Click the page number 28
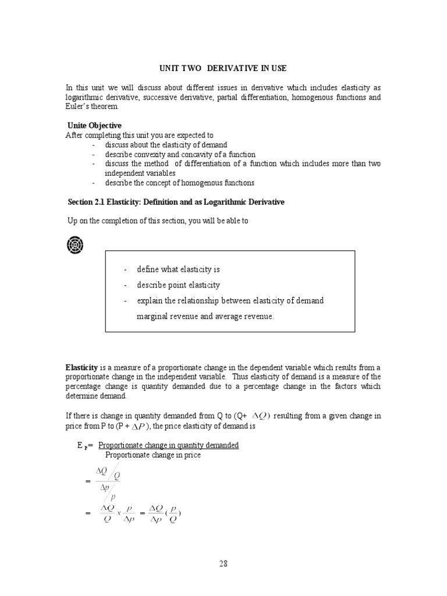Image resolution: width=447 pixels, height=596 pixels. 223,563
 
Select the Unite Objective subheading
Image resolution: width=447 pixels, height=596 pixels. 94,126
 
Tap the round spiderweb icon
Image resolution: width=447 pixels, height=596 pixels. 74,245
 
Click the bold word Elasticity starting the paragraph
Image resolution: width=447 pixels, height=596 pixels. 81,368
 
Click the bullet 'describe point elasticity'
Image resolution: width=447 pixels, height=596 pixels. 178,285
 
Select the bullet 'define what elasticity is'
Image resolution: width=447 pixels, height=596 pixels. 178,269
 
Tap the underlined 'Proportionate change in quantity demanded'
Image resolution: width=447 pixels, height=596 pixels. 169,445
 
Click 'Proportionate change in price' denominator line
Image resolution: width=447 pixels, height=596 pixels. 152,455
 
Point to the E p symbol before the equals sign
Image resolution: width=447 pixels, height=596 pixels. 81,446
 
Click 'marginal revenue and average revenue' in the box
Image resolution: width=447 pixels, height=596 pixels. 204,316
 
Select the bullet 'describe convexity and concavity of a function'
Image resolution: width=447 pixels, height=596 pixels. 180,154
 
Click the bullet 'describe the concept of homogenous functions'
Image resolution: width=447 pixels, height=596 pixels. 179,183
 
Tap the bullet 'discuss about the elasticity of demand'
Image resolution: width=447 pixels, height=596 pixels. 166,144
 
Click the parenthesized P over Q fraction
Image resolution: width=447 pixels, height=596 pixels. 172,513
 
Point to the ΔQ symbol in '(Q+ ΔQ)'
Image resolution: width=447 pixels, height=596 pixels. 260,416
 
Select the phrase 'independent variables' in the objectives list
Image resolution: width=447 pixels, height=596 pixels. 140,173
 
